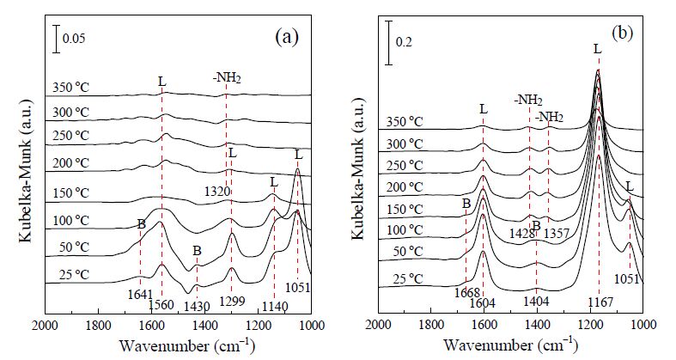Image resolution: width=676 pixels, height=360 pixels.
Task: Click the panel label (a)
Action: (x=287, y=38)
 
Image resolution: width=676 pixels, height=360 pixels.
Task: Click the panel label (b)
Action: (x=623, y=34)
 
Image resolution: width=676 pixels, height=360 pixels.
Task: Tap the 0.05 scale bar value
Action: (x=74, y=39)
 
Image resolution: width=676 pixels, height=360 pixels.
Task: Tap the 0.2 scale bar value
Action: (x=405, y=42)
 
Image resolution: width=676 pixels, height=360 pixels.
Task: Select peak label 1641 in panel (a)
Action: (x=140, y=295)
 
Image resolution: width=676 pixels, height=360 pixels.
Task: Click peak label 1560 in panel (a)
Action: (x=161, y=305)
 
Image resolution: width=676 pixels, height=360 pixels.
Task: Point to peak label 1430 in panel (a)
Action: (x=197, y=307)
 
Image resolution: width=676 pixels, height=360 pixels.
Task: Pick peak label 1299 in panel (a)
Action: (x=232, y=301)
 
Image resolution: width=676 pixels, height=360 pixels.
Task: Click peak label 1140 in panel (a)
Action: (x=275, y=307)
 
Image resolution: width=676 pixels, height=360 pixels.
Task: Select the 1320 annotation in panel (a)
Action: (x=217, y=192)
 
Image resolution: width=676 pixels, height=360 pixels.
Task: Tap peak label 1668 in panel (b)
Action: (x=467, y=293)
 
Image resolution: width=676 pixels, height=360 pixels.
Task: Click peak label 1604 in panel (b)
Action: (x=483, y=302)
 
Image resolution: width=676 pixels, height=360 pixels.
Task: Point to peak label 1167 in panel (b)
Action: (x=600, y=302)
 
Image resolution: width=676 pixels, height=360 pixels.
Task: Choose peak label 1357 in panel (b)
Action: (x=557, y=234)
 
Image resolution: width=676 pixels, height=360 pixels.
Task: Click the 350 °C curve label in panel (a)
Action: (x=71, y=88)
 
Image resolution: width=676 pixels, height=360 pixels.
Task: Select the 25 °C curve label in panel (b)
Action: (x=408, y=279)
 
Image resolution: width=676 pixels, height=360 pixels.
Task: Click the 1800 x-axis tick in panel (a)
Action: (x=98, y=325)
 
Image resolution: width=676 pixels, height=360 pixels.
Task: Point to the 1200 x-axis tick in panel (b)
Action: (x=590, y=324)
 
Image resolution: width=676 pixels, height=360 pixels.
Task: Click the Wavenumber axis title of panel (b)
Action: (x=510, y=345)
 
